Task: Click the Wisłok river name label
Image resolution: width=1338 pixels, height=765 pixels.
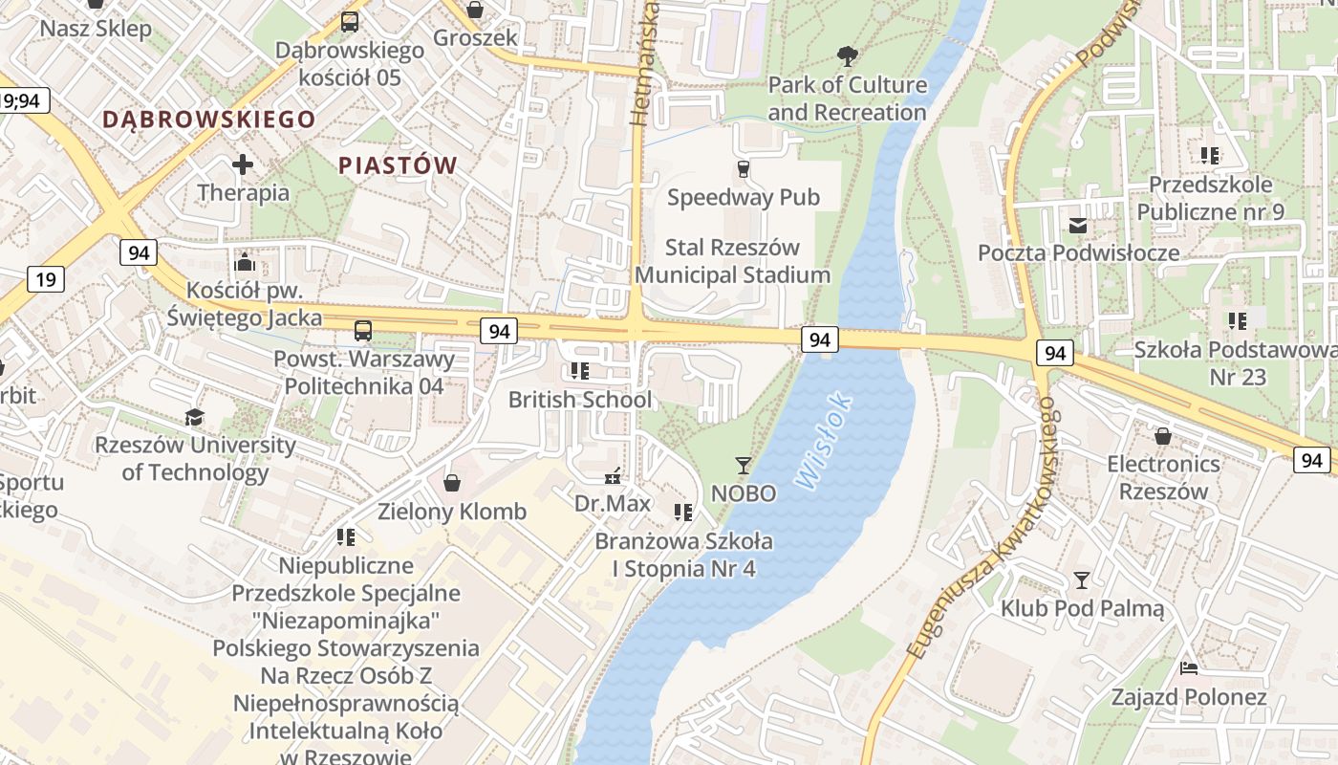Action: coord(823,441)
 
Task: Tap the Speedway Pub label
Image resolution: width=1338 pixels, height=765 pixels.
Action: coord(744,198)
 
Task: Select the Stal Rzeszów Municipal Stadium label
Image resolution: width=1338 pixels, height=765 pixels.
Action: coord(732,261)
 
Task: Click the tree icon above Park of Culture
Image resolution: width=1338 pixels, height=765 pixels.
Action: coord(847,56)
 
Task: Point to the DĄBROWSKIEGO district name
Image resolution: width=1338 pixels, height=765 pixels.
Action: coord(208,120)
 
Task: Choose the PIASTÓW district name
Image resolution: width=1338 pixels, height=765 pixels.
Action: coord(398,165)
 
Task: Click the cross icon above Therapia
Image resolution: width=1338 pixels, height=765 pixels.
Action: coord(243,164)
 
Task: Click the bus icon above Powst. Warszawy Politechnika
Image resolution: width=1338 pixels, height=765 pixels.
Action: coord(363,331)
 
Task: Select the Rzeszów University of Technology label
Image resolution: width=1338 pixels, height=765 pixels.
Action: coord(195,458)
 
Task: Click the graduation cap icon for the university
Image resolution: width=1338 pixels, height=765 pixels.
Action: coord(195,417)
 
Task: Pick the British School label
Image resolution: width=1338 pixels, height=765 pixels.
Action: coord(580,400)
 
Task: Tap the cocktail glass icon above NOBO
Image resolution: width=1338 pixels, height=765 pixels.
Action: coord(744,466)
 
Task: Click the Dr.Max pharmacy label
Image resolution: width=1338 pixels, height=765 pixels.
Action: coord(613,503)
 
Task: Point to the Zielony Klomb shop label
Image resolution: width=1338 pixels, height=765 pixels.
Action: coord(452,512)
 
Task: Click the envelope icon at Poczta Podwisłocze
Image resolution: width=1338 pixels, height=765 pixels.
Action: coord(1078,226)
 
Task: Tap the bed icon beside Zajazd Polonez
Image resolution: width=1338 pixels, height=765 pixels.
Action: coord(1189,668)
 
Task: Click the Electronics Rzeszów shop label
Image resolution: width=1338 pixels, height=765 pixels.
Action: coord(1163,478)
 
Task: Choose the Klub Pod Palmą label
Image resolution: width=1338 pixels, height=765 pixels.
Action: coord(1082,608)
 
